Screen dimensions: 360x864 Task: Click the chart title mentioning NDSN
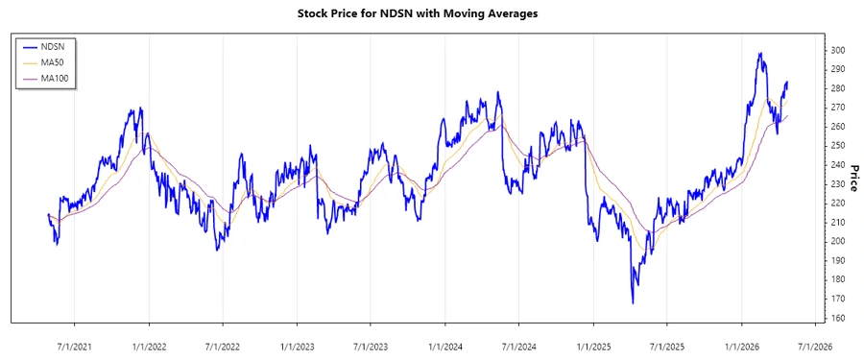click(431, 13)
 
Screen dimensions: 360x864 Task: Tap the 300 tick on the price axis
click(838, 50)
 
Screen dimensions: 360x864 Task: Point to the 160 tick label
click(838, 318)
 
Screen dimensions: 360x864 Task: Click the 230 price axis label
click(838, 183)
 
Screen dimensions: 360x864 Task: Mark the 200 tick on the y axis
click(838, 241)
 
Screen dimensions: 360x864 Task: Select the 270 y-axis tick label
click(838, 108)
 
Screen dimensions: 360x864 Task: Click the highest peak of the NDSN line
click(760, 54)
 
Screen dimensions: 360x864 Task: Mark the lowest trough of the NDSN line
click(633, 303)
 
